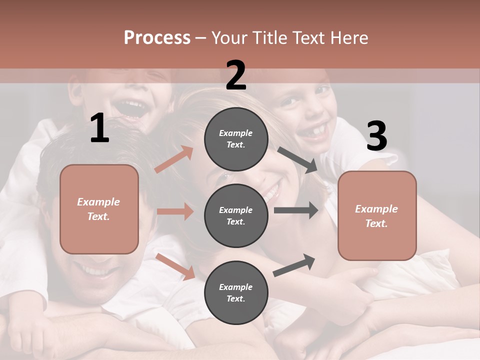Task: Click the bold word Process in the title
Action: (157, 37)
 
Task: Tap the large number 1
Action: (99, 128)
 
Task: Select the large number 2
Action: (236, 75)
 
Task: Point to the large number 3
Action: (376, 136)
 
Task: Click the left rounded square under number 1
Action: (99, 209)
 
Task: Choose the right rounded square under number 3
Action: (377, 215)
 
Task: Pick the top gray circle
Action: (236, 139)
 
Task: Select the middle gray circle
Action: (236, 215)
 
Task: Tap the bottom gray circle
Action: (236, 292)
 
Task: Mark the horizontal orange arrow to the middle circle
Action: (175, 211)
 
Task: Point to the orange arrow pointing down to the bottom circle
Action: (175, 266)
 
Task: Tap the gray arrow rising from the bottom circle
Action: (294, 265)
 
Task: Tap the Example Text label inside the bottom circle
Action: (236, 292)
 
